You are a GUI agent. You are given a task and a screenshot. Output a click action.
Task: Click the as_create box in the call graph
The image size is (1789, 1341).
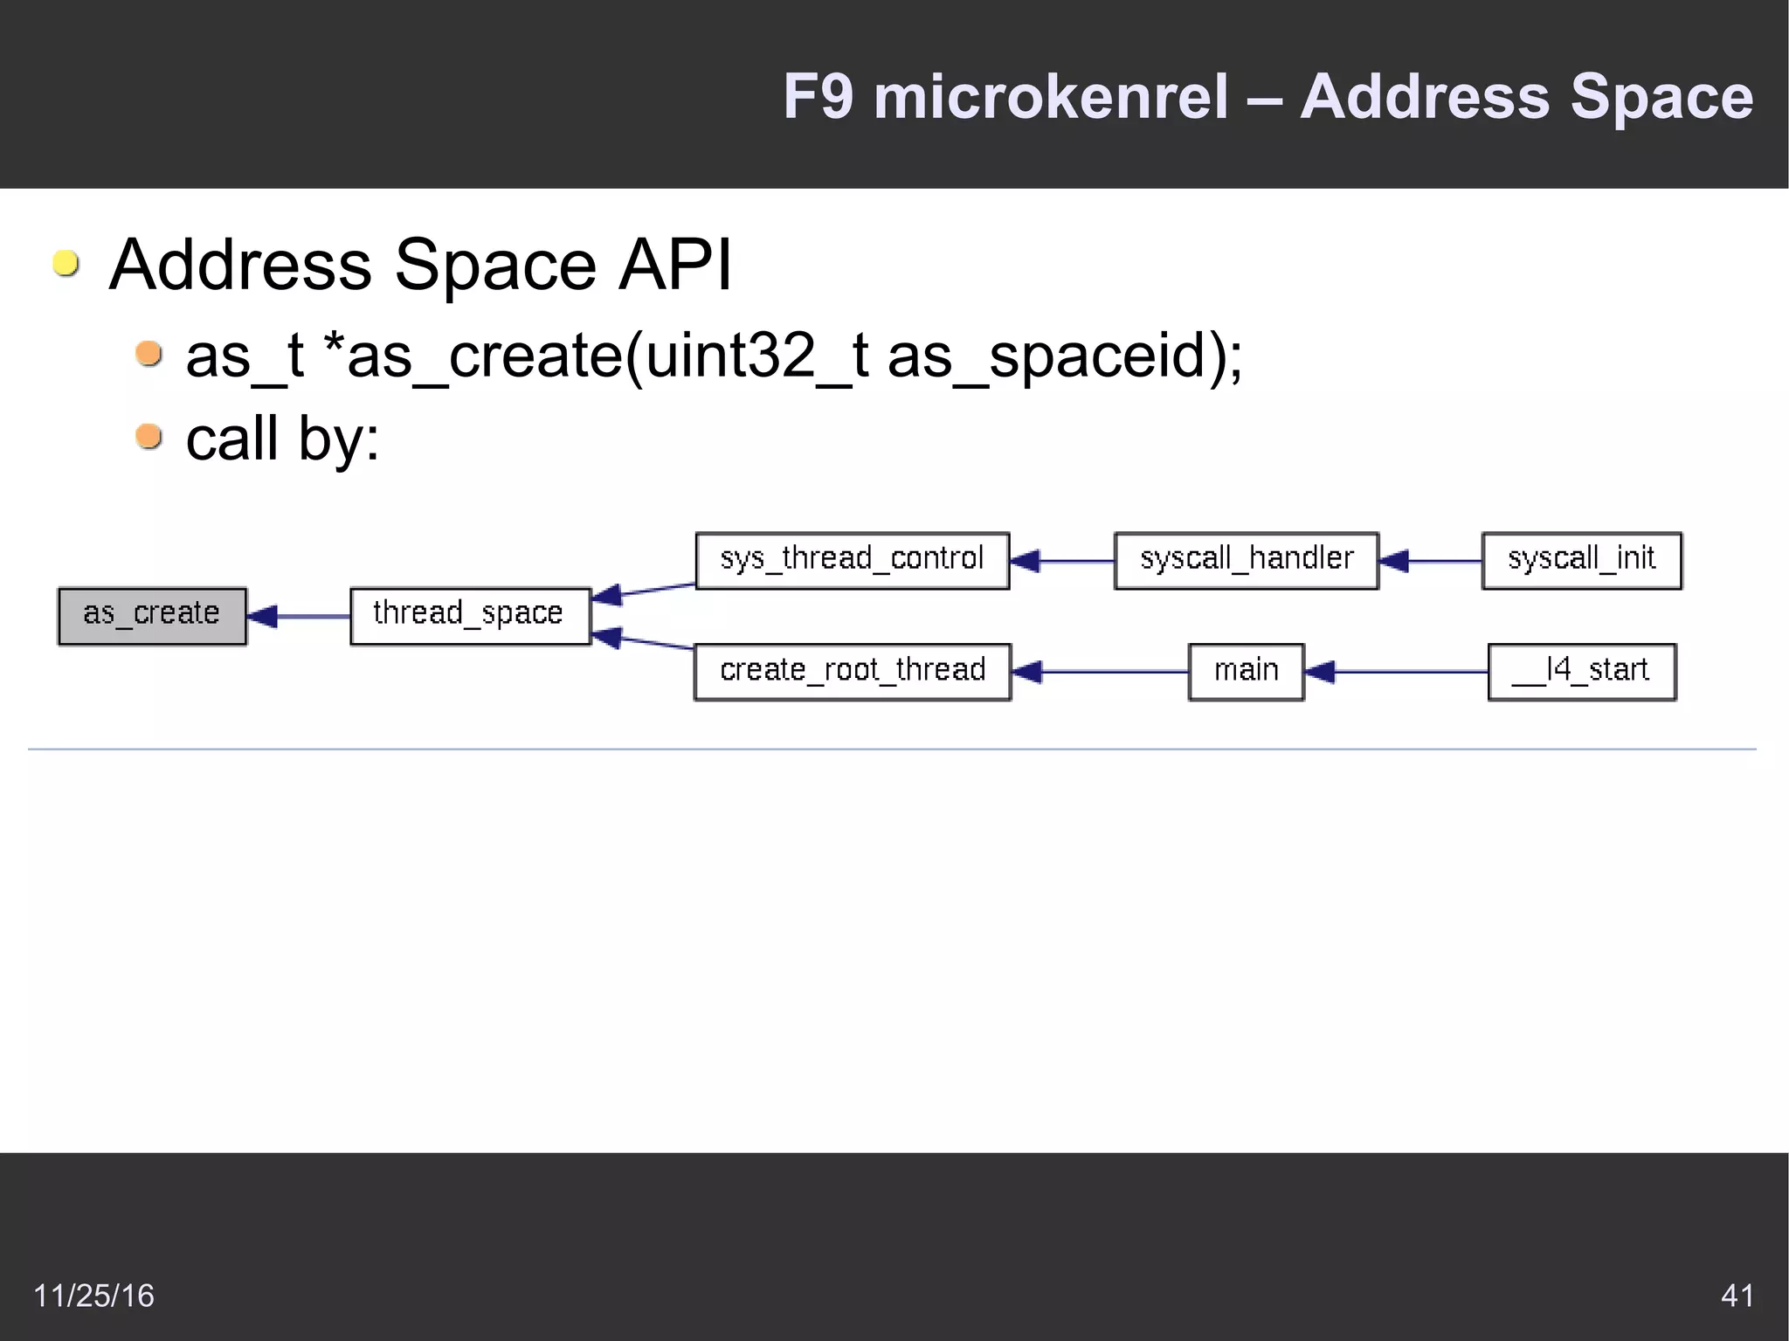152,616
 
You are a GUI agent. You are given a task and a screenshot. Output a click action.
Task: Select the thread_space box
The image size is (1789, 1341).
470,616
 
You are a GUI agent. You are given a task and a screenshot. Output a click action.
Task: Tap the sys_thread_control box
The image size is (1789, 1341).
852,560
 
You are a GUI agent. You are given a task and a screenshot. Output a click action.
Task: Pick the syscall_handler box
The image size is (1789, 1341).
1246,560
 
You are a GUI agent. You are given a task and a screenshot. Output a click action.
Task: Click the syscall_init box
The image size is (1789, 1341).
1581,560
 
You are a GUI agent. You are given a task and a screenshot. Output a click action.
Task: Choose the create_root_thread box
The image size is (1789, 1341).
852,672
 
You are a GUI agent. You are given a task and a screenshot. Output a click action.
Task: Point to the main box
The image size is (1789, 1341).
1246,672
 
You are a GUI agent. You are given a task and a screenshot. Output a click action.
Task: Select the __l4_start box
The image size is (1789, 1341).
1581,672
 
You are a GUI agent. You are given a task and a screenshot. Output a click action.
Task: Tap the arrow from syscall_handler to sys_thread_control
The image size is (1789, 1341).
1062,561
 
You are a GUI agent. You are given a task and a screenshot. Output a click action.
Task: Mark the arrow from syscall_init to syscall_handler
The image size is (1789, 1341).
1430,561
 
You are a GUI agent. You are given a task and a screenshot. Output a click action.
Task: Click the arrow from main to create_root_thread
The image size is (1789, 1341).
1099,672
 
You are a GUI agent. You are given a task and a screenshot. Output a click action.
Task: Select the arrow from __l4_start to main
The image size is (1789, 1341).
1395,672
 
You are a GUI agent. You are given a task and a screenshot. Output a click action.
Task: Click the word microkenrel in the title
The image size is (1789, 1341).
1051,96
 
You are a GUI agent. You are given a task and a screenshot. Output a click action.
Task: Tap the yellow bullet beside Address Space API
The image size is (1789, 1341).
66,263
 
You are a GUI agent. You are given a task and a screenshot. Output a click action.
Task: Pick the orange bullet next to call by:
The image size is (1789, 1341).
149,436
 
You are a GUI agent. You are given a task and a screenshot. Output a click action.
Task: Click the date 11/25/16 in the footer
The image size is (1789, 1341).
93,1295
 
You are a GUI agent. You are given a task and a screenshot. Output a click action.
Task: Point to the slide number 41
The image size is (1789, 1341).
1737,1295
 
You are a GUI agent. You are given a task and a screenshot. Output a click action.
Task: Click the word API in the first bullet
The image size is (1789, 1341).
674,265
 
